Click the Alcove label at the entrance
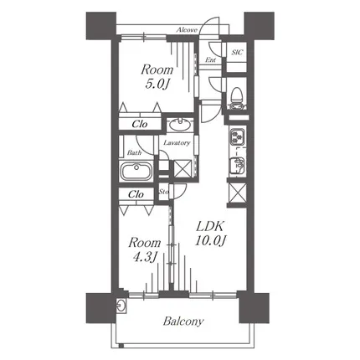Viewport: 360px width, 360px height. point(187,30)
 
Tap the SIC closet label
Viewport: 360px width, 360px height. point(237,52)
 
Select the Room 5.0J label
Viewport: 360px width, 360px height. point(157,76)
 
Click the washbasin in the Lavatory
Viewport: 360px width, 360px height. point(180,125)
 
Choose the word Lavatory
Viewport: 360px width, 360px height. point(177,143)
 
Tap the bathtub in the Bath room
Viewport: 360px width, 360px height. point(136,171)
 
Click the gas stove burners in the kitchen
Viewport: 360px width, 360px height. point(237,136)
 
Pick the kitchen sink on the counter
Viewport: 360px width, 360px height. point(237,167)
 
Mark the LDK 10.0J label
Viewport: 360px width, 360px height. point(209,234)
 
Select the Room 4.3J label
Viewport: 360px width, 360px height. point(144,249)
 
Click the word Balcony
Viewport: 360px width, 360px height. point(183,321)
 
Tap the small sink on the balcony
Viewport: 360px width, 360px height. point(121,306)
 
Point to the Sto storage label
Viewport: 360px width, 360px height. point(164,192)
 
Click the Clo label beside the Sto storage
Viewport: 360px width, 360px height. point(136,194)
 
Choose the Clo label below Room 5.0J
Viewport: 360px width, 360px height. point(140,124)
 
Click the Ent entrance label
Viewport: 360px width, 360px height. point(210,59)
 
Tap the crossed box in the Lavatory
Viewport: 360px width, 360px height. point(183,168)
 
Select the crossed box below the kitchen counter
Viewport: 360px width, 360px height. point(237,193)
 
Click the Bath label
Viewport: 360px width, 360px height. point(134,152)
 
